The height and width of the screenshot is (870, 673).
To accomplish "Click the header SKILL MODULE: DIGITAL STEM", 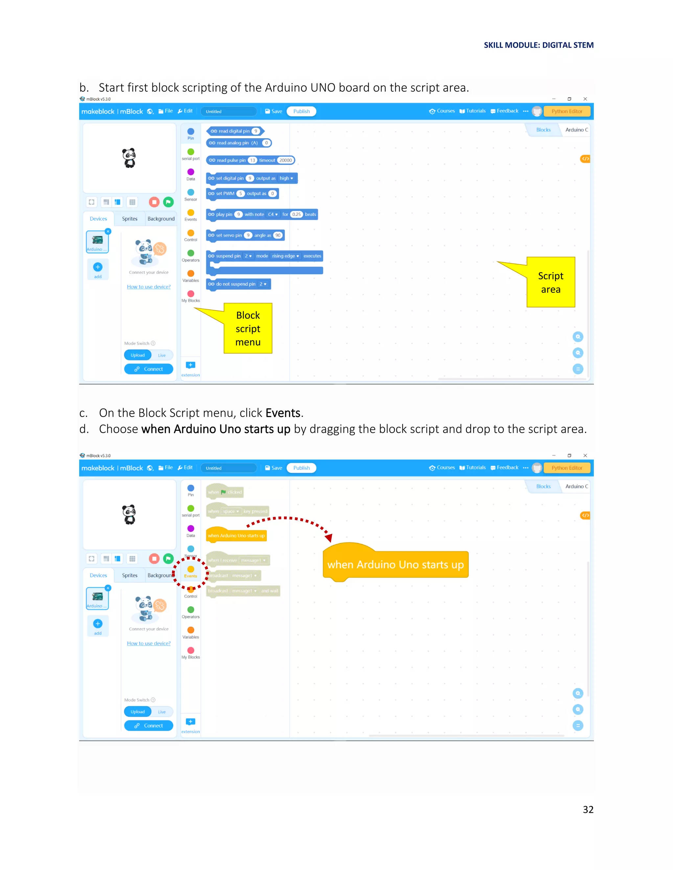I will point(538,45).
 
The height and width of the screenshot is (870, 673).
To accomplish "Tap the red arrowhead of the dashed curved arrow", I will point(329,538).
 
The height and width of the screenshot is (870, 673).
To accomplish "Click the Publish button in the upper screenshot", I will point(301,111).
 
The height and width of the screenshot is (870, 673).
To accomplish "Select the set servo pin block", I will point(245,235).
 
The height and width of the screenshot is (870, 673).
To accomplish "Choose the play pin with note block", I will point(262,214).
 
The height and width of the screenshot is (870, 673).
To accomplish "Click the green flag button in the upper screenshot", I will point(168,202).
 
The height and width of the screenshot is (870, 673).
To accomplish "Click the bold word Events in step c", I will point(283,413).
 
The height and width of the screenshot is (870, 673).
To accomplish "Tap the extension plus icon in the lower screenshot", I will point(191,721).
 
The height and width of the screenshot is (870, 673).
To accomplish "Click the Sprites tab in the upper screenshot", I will point(129,219).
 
